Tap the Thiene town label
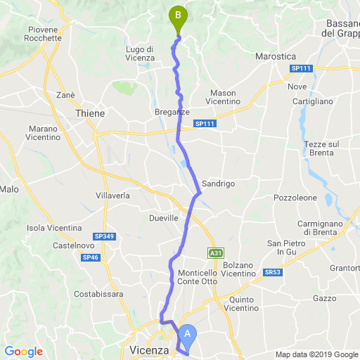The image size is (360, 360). pos(89,112)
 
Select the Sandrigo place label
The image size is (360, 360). pos(218,184)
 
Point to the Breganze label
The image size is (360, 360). pos(172,112)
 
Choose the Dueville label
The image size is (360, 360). pos(164,219)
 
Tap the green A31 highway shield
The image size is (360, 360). pos(215,252)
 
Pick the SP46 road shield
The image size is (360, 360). pos(90,258)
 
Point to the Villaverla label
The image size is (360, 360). pos(113,195)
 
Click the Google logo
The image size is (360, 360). pos(23,352)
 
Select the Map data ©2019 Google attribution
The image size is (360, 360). pos(316,354)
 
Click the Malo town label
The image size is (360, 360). pos(9,189)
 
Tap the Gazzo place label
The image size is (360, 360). pos(326,298)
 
